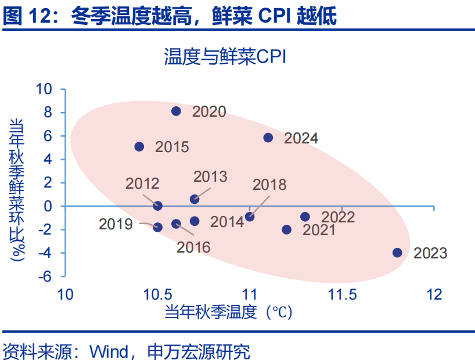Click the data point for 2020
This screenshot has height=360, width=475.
(176, 111)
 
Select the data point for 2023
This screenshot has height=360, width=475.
(397, 253)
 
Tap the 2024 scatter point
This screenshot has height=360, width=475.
(268, 138)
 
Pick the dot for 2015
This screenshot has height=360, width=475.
(139, 147)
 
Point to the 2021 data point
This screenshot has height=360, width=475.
(287, 229)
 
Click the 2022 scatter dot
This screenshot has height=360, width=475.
(305, 217)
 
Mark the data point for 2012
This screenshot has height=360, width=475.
(157, 206)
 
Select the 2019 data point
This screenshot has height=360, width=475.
(157, 227)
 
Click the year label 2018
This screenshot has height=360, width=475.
(269, 185)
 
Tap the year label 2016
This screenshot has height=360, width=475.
(193, 247)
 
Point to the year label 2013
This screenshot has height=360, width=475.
(210, 177)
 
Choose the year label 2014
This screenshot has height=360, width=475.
(227, 222)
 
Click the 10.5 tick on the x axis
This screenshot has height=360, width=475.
(157, 294)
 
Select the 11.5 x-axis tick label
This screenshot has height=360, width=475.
(343, 294)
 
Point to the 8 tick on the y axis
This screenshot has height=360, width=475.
(48, 113)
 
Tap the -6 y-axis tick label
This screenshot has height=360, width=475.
(45, 276)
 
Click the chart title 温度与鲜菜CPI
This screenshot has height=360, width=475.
(225, 56)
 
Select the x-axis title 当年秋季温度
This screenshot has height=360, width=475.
(211, 312)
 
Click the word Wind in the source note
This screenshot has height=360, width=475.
(109, 351)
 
